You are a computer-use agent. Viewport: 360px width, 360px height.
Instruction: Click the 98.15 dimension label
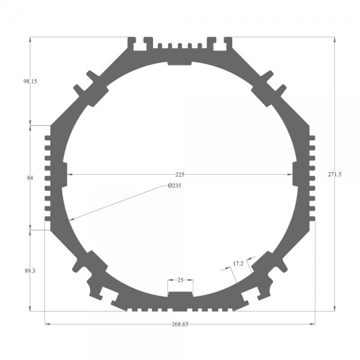point(30,81)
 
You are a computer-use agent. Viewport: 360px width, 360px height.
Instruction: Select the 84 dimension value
point(30,178)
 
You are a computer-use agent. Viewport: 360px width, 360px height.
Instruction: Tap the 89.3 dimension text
point(30,271)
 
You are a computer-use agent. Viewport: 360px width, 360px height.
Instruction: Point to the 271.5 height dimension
point(335,174)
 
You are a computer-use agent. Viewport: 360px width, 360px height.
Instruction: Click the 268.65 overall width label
point(180,324)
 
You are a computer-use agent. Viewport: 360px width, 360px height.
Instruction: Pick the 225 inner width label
point(180,175)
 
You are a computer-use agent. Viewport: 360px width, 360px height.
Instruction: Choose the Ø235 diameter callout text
point(175,185)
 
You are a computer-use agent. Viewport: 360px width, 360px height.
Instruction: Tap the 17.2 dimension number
point(238,264)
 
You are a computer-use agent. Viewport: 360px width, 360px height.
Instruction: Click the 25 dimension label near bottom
point(181,280)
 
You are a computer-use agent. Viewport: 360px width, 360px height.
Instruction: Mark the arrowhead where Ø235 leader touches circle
point(71,220)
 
